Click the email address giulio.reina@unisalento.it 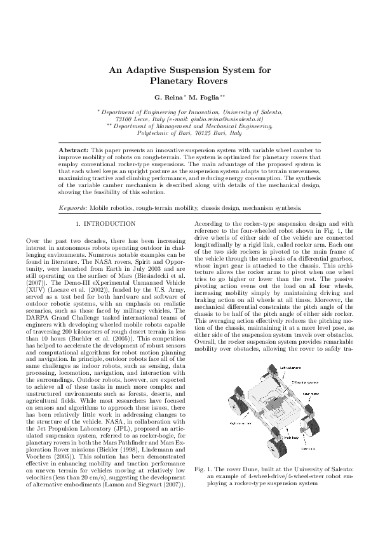coord(223,119)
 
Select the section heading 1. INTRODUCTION coord(105,224)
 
